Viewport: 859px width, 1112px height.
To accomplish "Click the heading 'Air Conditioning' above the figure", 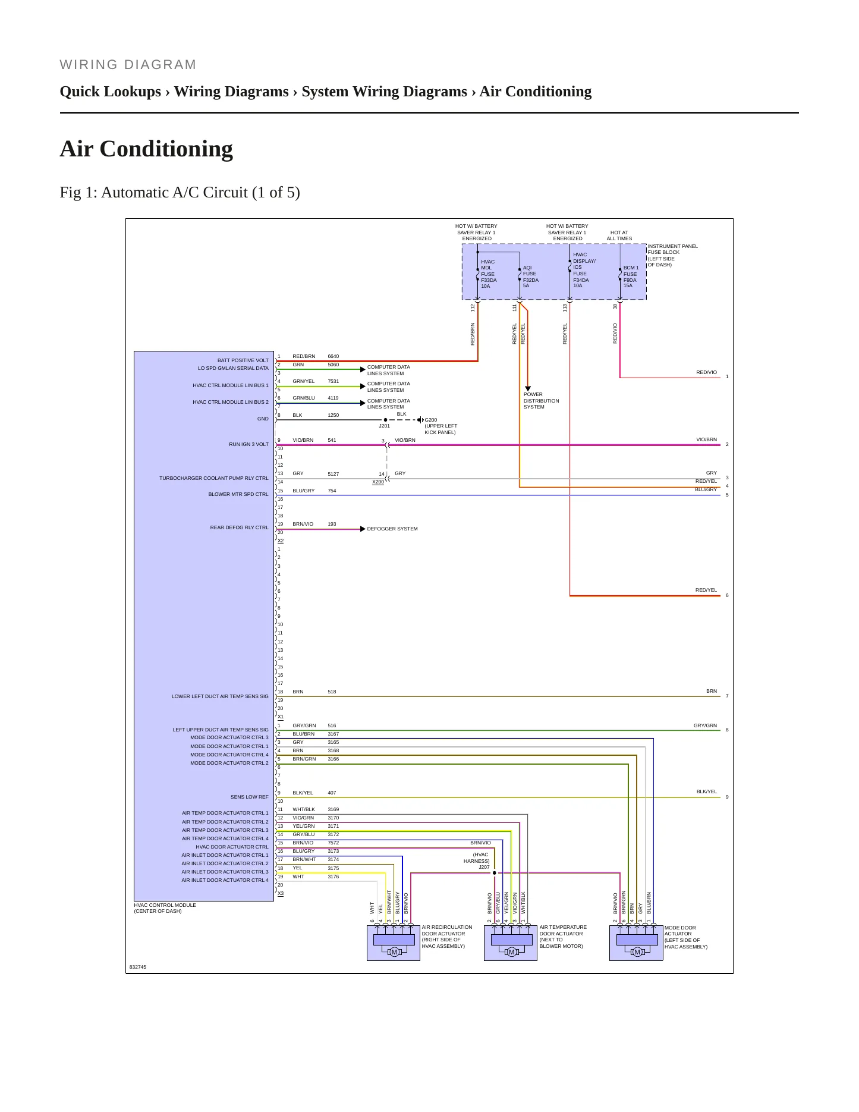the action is coord(146,149).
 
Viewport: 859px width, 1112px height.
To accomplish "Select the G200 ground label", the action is coord(431,420).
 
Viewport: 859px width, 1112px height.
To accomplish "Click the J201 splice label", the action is coord(385,426).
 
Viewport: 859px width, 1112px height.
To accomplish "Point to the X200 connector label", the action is coord(378,482).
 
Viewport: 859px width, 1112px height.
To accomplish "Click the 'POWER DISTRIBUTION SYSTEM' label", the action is coord(542,401).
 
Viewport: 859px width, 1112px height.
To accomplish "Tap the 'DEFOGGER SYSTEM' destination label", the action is coord(392,529).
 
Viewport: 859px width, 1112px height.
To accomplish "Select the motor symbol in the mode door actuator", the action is coord(637,952).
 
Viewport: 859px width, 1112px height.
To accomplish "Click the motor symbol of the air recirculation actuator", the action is coord(394,952).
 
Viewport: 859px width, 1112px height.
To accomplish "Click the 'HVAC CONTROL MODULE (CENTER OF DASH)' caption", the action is coord(165,908).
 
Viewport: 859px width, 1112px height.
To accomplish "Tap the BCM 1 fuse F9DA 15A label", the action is coord(631,277).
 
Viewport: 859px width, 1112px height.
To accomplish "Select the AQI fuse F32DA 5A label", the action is coord(531,277).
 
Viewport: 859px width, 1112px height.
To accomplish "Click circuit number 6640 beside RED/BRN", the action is coord(333,357).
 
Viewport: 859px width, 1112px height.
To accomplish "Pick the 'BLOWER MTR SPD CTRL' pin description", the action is coord(238,494).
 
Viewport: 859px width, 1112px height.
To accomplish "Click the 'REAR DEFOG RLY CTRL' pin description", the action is coord(239,527).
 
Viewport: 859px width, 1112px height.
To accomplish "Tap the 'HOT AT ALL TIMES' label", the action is coord(619,235).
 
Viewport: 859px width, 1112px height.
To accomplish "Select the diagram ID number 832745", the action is coord(138,967).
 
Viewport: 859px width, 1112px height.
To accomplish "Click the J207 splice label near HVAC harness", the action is coord(484,867).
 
